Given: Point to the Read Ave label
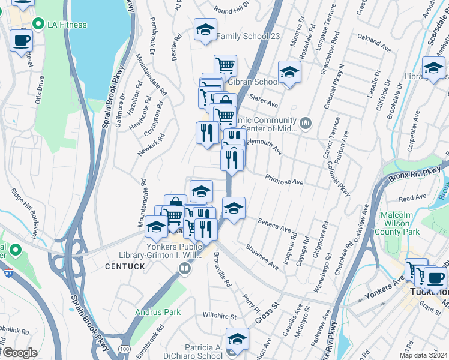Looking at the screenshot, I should [x=412, y=197].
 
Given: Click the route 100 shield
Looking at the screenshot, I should [x=124, y=349].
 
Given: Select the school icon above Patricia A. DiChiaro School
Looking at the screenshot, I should [x=238, y=339].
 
